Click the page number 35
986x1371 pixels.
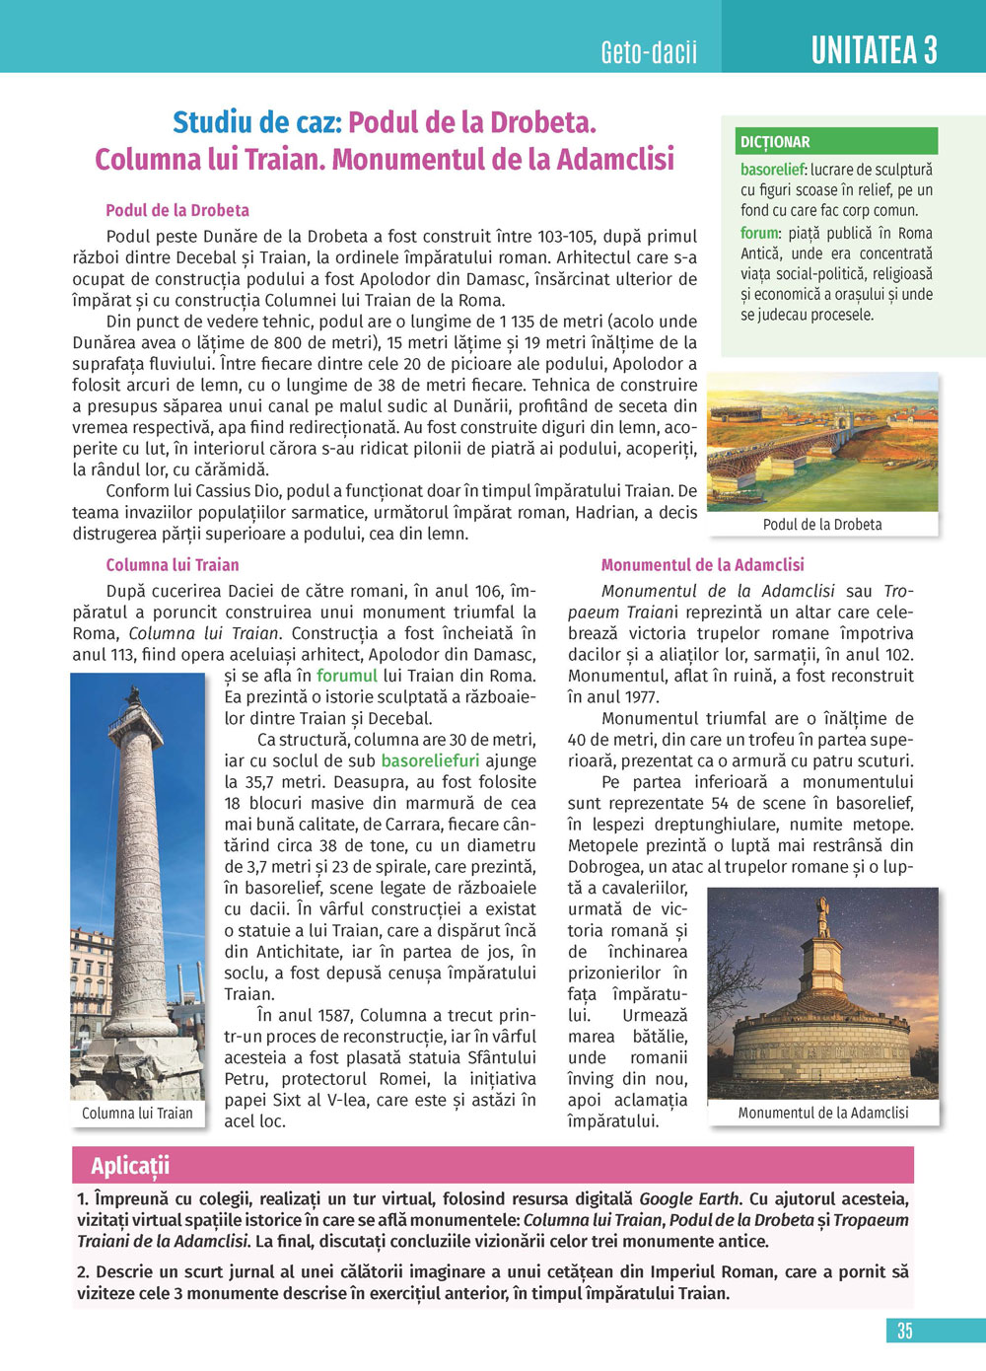click(904, 1331)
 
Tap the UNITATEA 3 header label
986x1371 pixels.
click(874, 49)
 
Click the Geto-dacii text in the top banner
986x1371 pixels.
click(648, 51)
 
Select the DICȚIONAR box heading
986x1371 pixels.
click(775, 142)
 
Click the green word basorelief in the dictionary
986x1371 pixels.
click(773, 170)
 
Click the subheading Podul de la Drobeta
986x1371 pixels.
click(177, 210)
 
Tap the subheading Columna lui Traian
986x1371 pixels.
click(173, 565)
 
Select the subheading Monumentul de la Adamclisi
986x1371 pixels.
click(702, 565)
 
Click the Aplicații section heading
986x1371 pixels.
click(130, 1165)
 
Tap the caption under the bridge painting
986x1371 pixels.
click(822, 525)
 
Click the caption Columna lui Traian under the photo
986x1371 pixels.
click(137, 1113)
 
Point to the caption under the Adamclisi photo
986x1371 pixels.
click(823, 1113)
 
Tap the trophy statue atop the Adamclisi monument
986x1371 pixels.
click(822, 918)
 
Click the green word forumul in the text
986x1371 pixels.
click(347, 676)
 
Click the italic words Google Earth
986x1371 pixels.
click(689, 1199)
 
